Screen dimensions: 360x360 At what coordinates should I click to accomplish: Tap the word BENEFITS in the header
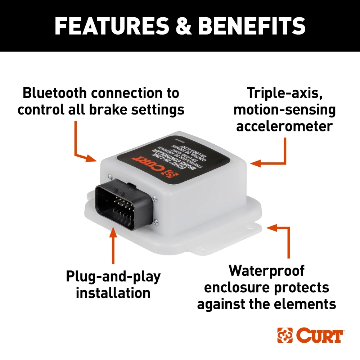click(x=252, y=26)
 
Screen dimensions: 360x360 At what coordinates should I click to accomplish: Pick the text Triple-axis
click(x=284, y=93)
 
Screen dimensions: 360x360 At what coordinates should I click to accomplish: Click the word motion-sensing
click(x=284, y=109)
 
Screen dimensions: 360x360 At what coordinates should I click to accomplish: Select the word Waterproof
click(x=266, y=271)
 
